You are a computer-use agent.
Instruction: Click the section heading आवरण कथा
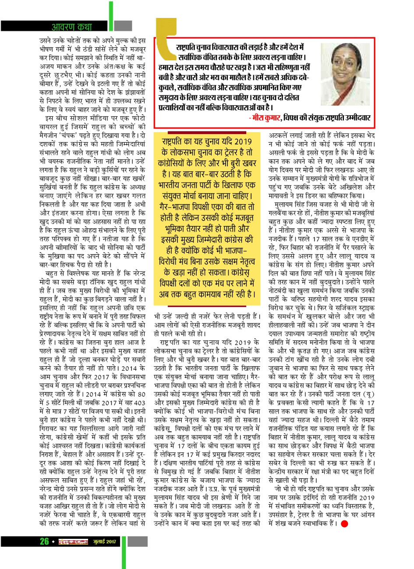[71, 27]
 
